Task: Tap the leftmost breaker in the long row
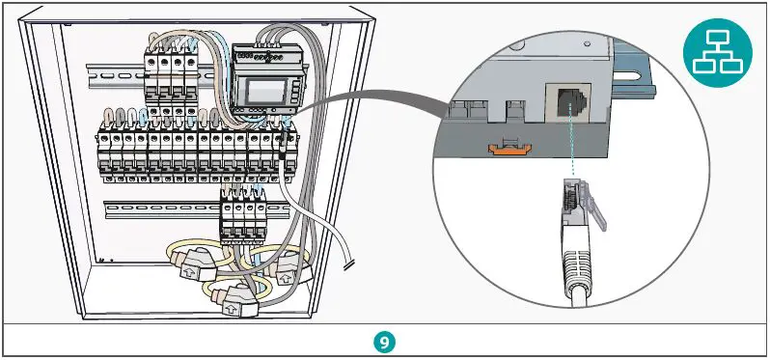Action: (103, 153)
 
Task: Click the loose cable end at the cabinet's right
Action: (346, 262)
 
